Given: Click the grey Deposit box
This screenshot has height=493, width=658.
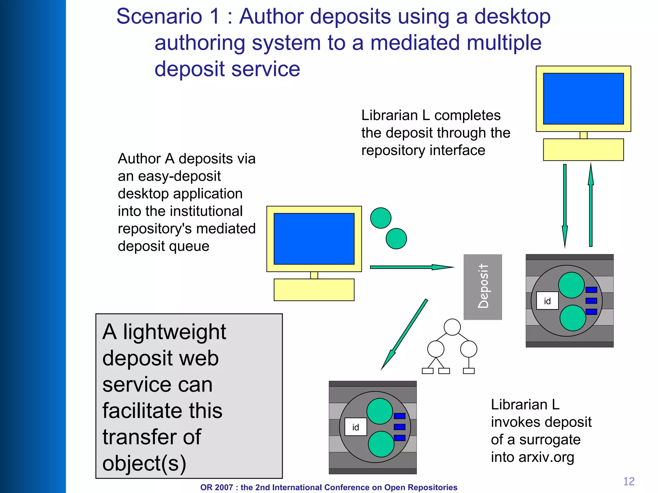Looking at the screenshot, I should coord(482,287).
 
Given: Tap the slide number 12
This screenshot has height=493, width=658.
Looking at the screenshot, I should coord(629,481).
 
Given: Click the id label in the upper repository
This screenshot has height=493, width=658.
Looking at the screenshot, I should coord(547,301).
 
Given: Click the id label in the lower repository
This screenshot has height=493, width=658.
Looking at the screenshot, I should coord(355,427).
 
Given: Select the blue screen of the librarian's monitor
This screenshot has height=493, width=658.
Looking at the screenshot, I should coord(583,99).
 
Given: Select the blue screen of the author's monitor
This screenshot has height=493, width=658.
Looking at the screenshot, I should coord(314,239).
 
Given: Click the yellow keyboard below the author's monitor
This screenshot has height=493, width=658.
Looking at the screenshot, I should coord(314,290).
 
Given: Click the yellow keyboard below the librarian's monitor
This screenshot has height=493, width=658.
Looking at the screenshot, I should coord(583,150).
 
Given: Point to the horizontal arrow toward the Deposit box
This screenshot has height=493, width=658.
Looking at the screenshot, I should coord(411,267).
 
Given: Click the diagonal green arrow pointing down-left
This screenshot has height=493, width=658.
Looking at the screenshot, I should coord(405,334).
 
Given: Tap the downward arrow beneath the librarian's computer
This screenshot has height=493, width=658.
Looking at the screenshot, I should coord(565,205).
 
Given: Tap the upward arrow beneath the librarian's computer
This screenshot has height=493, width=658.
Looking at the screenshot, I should coord(591,205).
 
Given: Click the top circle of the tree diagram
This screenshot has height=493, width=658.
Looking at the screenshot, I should coord(452,327).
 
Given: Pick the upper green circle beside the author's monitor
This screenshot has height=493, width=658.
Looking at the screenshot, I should coord(381,218).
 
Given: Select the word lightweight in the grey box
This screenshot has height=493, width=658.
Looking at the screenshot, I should coord(174,332).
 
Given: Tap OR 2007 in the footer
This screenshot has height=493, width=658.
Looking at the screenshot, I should coord(216,487).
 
